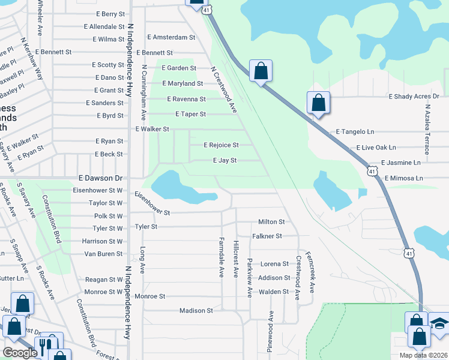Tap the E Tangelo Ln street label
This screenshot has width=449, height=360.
coord(355,131)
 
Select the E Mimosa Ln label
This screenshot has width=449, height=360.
coord(403,178)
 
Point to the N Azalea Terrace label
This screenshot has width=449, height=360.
coord(428,130)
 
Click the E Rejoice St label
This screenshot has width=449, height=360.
coord(221,145)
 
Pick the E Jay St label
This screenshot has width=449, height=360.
coord(225,161)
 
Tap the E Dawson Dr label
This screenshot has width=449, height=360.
coord(101,178)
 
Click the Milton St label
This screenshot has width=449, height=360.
coord(271,222)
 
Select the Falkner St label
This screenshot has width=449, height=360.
coord(267,236)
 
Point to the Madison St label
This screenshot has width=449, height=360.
coord(196,311)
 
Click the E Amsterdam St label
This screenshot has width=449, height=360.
coord(171,37)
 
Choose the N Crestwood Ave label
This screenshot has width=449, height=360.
coord(223,89)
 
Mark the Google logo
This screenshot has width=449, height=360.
coord(20,353)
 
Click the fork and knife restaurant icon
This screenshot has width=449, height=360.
coord(46,345)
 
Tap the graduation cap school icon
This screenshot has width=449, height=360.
coord(439,324)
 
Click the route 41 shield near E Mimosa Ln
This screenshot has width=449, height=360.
coord(373,172)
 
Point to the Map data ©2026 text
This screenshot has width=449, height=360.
coord(423,355)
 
